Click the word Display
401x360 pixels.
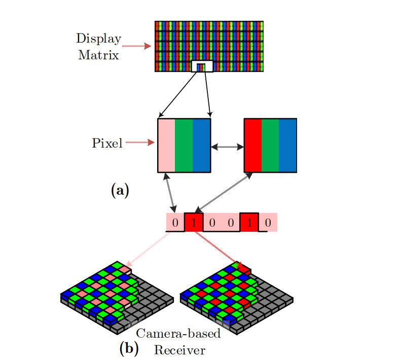pos(99,39)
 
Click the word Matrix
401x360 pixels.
pos(99,55)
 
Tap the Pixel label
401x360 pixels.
pos(107,143)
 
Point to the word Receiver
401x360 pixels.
pos(180,349)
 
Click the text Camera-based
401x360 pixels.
pos(179,334)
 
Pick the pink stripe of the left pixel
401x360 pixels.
pos(167,146)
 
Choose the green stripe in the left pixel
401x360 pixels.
pos(184,146)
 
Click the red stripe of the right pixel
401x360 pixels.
pos(253,146)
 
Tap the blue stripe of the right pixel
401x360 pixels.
pos(287,146)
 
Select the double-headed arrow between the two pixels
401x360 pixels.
pos(227,147)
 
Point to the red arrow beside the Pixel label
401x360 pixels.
pos(139,143)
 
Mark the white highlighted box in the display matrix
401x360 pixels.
pos(202,66)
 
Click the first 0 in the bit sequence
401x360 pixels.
pos(175,223)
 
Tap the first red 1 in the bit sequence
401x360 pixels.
pos(194,223)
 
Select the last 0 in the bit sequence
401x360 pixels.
pos(268,223)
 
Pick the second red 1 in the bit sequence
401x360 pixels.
pos(249,223)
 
